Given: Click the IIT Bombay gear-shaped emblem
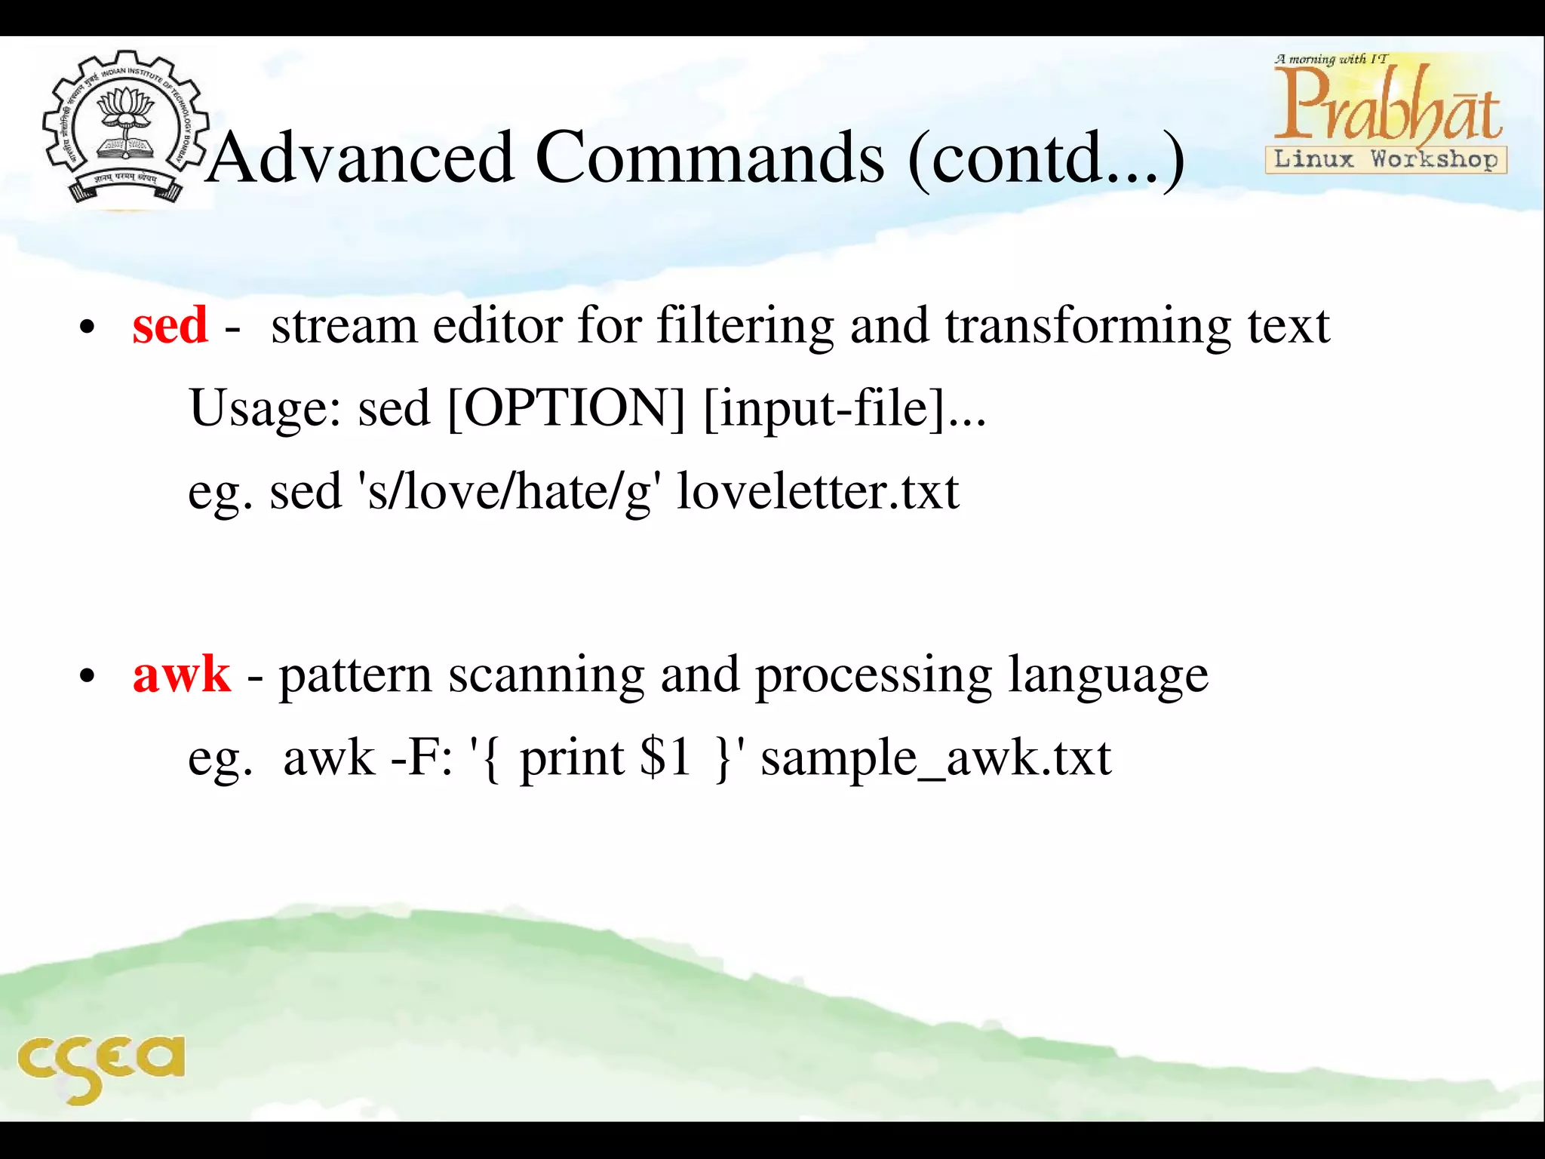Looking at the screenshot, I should (x=124, y=127).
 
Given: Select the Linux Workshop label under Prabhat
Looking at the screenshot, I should (x=1386, y=160).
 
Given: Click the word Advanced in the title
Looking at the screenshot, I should (x=361, y=158).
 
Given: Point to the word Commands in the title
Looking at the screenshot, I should (x=709, y=158).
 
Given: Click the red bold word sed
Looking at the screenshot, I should (x=170, y=325).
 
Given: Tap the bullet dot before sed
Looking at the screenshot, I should (x=88, y=329).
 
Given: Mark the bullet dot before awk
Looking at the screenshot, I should (x=88, y=677).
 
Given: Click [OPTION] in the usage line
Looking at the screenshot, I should (x=566, y=408).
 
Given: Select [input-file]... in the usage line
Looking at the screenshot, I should (x=844, y=408).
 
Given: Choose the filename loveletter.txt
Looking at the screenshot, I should (x=818, y=492).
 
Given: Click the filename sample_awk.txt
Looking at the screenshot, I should (x=935, y=758).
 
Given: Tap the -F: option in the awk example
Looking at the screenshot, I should (x=422, y=758).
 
